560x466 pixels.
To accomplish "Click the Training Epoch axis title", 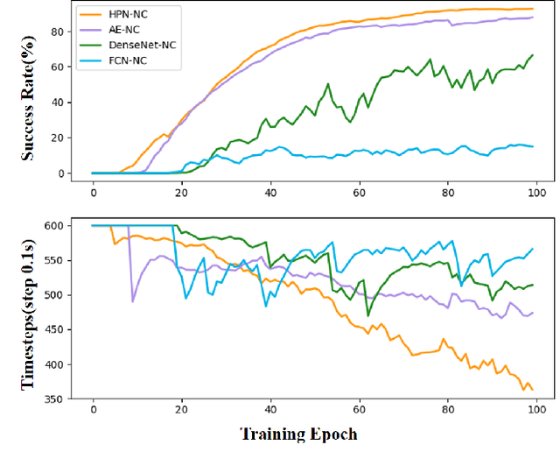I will (298, 434).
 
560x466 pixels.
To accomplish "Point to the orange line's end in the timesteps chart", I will (532, 389).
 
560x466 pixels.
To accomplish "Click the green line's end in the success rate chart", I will (532, 55).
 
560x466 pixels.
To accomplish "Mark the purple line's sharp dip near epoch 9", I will (133, 301).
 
